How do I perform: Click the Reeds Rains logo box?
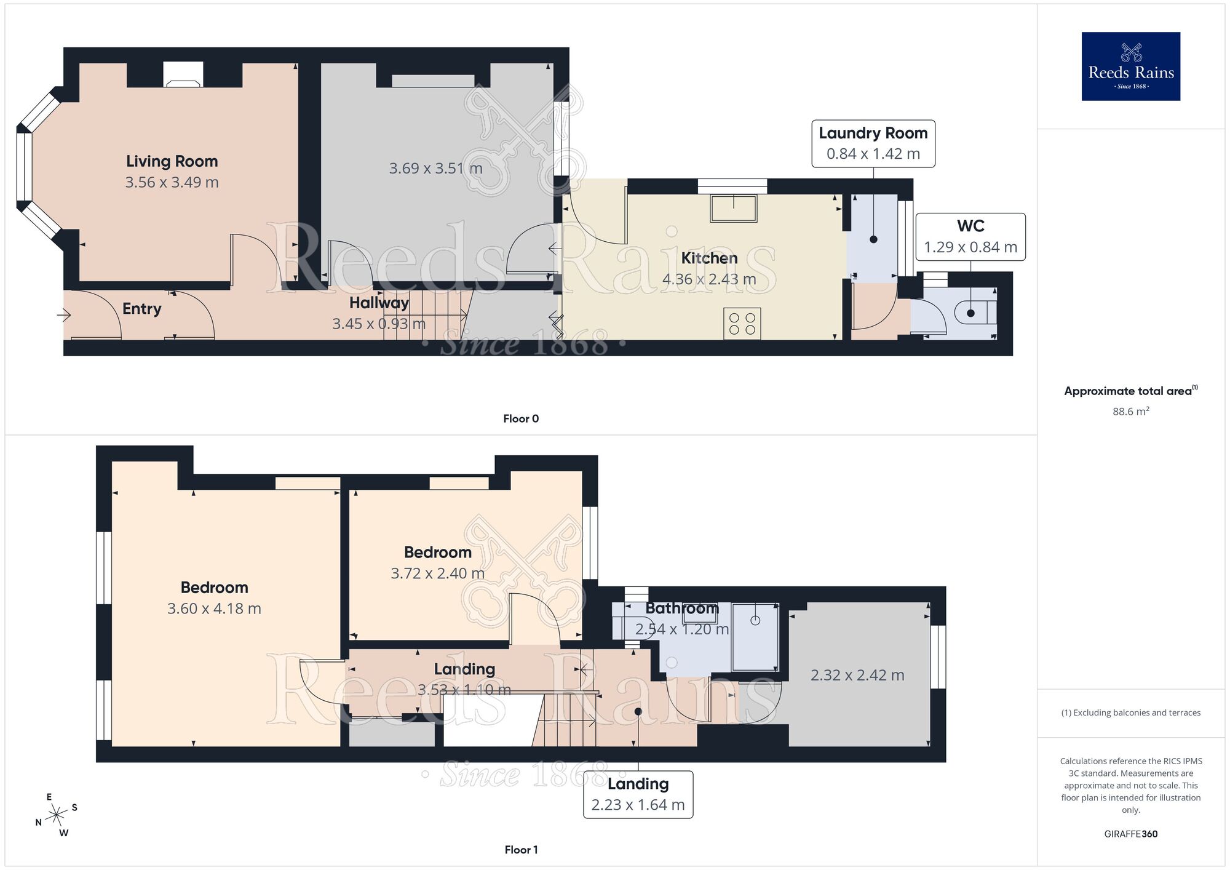point(1130,66)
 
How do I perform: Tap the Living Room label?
point(172,161)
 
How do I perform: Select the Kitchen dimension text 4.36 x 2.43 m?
point(708,279)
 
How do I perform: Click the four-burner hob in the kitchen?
point(742,324)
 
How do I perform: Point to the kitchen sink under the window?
point(733,208)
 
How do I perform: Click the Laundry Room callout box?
point(873,143)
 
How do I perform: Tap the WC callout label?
point(970,226)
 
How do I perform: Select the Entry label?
point(141,309)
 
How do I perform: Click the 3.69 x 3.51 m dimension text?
point(435,169)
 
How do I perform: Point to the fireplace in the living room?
point(183,75)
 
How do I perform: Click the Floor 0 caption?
point(520,419)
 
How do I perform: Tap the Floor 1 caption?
point(520,850)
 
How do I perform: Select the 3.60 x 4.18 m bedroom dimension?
point(214,609)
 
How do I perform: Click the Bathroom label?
point(681,609)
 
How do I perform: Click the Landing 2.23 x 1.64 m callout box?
point(638,794)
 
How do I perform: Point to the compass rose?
point(57,815)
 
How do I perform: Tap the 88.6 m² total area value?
point(1130,412)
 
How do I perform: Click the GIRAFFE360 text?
point(1130,834)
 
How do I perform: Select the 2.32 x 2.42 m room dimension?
point(857,676)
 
